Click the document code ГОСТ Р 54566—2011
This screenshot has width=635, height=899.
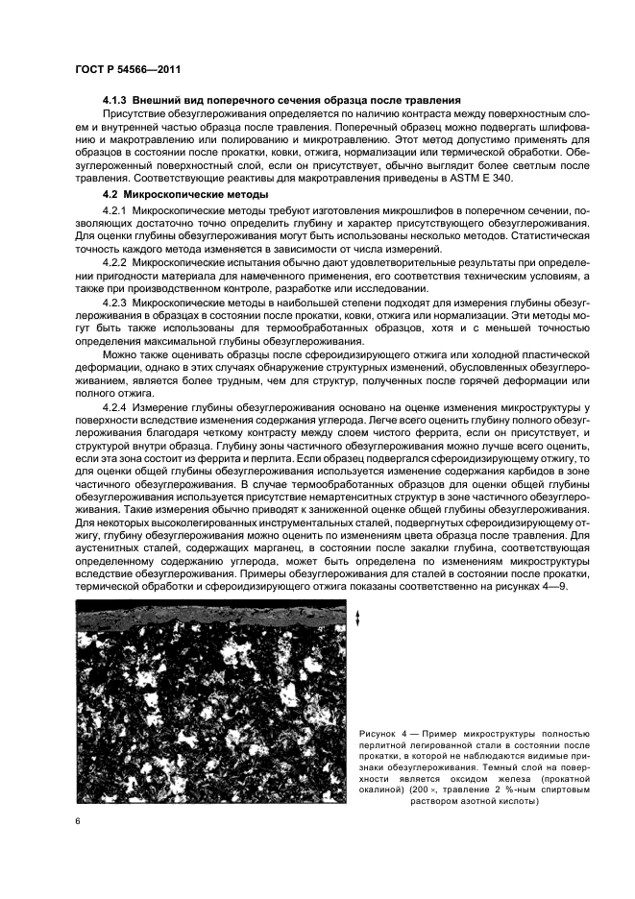pyautogui.click(x=128, y=69)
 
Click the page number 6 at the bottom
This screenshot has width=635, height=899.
pyautogui.click(x=79, y=821)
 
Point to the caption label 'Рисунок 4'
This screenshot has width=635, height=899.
pyautogui.click(x=379, y=734)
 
